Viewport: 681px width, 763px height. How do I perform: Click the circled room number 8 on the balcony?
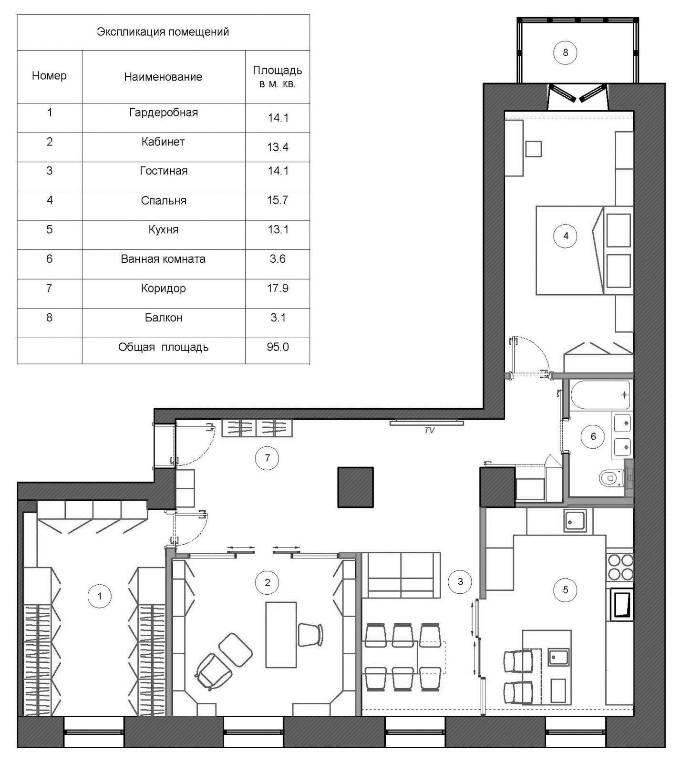pyautogui.click(x=565, y=52)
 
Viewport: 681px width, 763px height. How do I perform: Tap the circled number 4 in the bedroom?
pyautogui.click(x=566, y=236)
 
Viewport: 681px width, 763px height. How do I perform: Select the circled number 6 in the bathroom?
pyautogui.click(x=593, y=436)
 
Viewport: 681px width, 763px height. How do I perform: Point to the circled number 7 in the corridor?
pyautogui.click(x=267, y=458)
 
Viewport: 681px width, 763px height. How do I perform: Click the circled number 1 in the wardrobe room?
pyautogui.click(x=99, y=596)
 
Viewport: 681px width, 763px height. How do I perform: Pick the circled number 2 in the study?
pyautogui.click(x=267, y=582)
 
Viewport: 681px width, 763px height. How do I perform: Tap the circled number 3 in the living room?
pyautogui.click(x=460, y=582)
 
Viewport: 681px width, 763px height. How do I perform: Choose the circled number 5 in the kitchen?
pyautogui.click(x=565, y=590)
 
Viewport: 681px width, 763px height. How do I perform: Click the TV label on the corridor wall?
pyautogui.click(x=429, y=431)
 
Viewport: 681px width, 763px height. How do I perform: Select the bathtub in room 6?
pyautogui.click(x=600, y=395)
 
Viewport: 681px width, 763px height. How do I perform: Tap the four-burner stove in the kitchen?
pyautogui.click(x=620, y=567)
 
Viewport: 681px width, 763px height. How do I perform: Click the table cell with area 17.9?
pyautogui.click(x=278, y=288)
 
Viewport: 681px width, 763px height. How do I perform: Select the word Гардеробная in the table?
pyautogui.click(x=164, y=113)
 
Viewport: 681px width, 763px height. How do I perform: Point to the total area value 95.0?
pyautogui.click(x=278, y=347)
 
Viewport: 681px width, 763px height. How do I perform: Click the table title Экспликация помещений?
pyautogui.click(x=163, y=32)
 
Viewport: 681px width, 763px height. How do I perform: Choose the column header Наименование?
pyautogui.click(x=163, y=77)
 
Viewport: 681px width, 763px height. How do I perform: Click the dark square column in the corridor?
pyautogui.click(x=356, y=487)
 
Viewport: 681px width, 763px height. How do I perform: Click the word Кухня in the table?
pyautogui.click(x=164, y=230)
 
